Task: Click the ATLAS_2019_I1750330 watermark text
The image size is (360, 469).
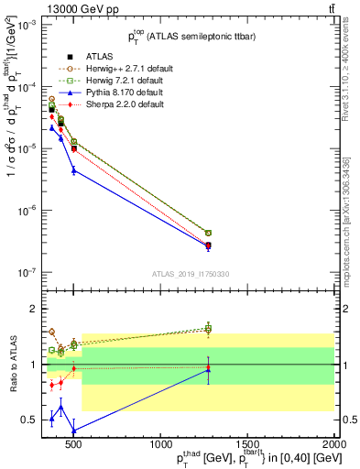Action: pos(190,273)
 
